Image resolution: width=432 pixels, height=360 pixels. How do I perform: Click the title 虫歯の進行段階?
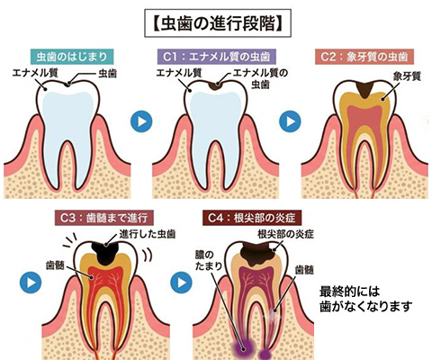pos(218,23)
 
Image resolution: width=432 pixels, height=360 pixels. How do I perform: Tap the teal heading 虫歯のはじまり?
pos(72,57)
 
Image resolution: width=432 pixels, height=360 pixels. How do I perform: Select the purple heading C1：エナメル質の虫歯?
pos(217,57)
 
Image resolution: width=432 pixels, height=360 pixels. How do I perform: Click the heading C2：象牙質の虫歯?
pos(364,57)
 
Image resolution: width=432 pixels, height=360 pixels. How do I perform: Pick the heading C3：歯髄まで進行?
pos(104,218)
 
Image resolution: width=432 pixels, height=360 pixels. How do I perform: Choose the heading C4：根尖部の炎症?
pos(252,218)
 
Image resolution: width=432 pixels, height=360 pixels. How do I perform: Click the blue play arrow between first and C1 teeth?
pos(141,121)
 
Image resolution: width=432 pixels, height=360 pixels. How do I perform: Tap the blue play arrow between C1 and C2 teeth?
pos(290,121)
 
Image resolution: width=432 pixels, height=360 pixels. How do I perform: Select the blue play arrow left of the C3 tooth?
pos(31,283)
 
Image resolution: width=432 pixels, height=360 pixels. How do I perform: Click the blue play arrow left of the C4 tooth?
pos(181,283)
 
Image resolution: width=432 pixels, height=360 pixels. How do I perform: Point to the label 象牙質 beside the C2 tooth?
pos(407,76)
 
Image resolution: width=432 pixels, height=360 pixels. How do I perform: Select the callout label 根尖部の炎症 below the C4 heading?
pos(285,234)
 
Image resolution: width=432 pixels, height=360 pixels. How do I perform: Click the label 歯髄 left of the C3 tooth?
pos(55,265)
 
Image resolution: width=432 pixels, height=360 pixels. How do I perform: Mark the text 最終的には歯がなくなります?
pos(366,299)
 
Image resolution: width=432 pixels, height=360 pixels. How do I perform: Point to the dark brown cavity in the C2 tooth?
pos(364,89)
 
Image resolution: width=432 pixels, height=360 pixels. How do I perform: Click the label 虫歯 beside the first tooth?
pos(108,74)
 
